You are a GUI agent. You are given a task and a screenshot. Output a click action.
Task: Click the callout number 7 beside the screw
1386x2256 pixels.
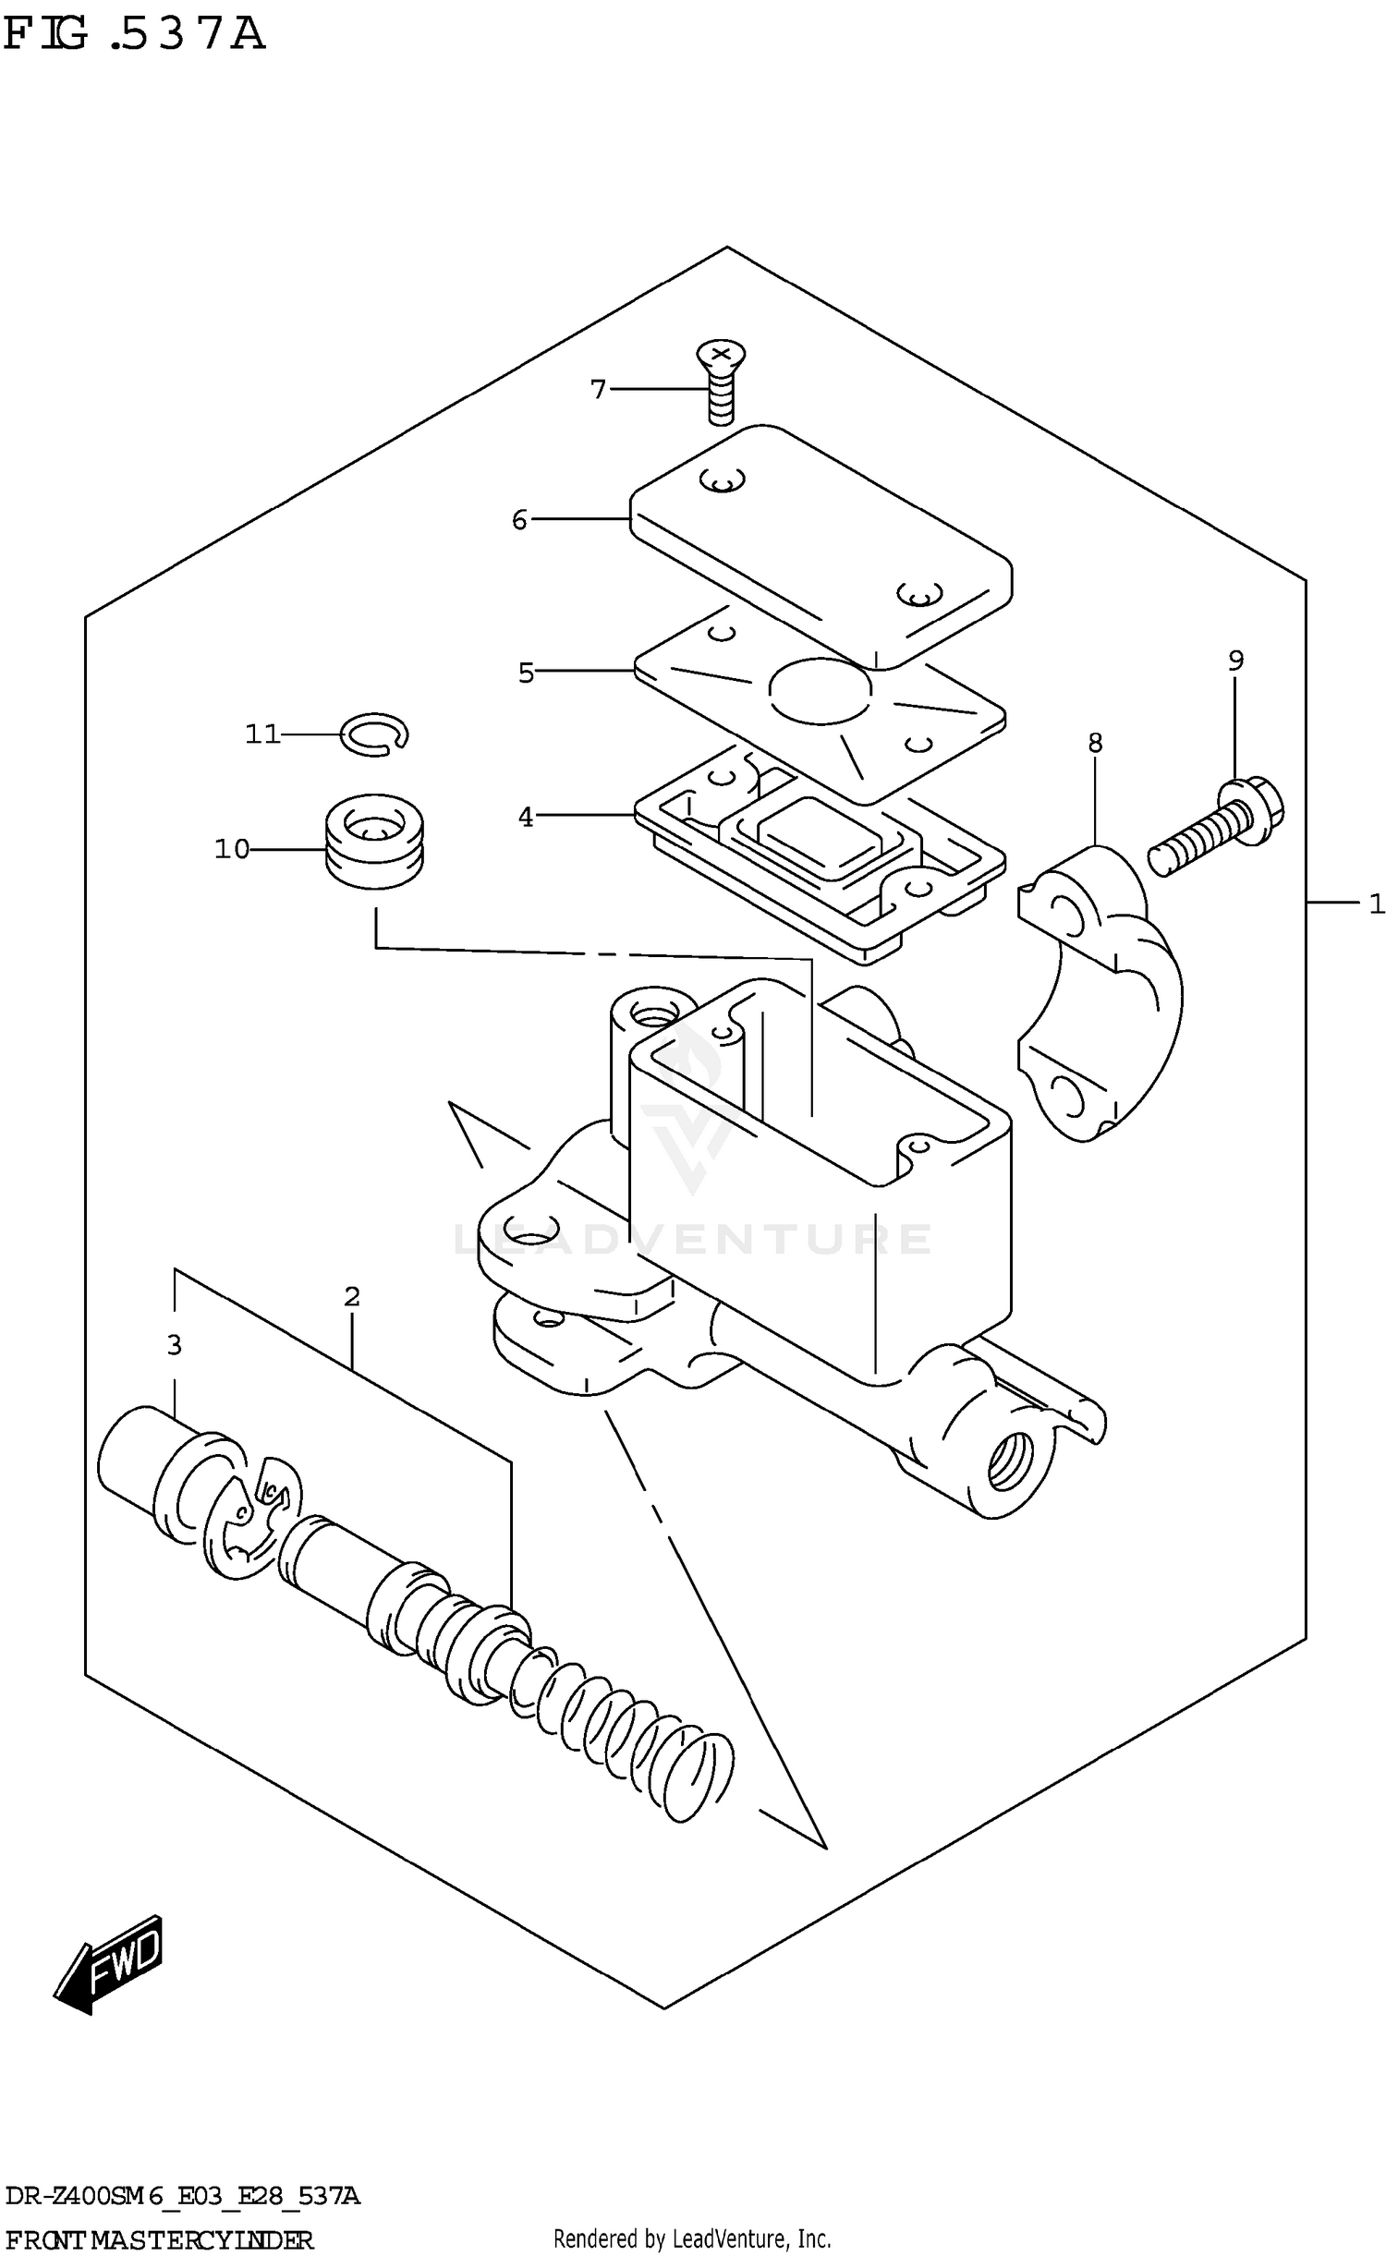click(x=598, y=390)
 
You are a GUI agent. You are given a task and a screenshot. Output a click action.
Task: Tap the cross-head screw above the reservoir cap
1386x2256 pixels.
click(x=721, y=379)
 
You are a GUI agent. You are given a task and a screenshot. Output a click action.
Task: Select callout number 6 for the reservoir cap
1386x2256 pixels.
click(x=519, y=520)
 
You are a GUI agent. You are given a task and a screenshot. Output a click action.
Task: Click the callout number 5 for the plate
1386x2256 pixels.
click(x=526, y=673)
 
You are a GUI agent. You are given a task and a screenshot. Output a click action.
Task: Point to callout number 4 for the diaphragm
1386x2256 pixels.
click(x=525, y=817)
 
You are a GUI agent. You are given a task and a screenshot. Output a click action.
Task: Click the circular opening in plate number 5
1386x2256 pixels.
click(x=820, y=690)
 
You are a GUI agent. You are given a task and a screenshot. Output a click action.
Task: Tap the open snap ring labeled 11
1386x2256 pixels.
click(x=374, y=734)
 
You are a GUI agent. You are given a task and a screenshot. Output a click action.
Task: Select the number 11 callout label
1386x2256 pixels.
click(x=262, y=734)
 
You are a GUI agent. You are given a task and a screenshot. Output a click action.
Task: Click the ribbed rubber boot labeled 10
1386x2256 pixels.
click(x=374, y=841)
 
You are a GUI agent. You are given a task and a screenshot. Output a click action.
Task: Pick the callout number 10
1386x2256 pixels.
click(x=232, y=849)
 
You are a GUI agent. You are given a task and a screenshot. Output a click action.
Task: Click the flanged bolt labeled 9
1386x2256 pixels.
click(x=1218, y=824)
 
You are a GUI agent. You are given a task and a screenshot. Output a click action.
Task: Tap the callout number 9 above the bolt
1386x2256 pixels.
click(x=1235, y=661)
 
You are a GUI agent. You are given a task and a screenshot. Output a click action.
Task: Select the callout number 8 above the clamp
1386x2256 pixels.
click(x=1095, y=743)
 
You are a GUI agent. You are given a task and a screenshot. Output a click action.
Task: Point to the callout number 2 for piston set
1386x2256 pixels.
click(x=351, y=1297)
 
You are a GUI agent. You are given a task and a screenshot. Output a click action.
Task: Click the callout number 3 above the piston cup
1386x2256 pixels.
click(x=174, y=1345)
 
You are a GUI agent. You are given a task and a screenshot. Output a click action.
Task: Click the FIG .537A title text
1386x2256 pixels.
click(x=134, y=34)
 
